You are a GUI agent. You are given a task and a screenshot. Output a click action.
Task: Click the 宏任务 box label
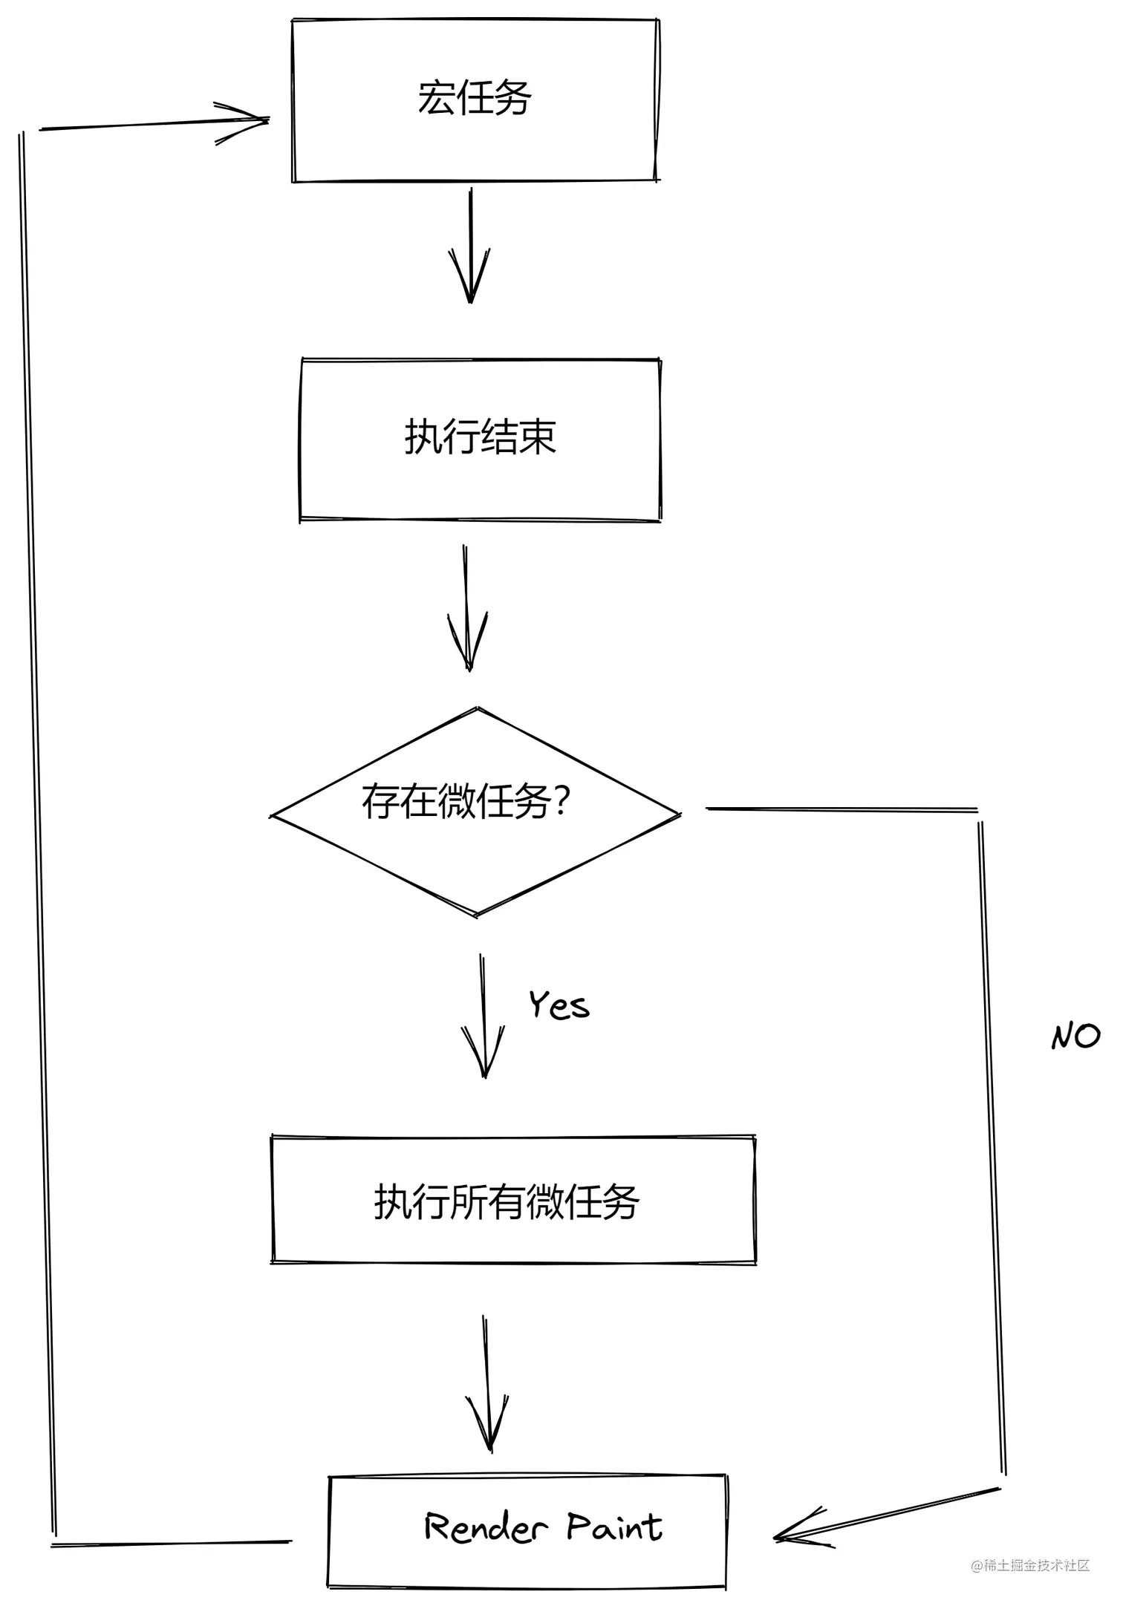[x=475, y=98]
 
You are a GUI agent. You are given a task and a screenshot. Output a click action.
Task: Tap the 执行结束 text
[x=480, y=437]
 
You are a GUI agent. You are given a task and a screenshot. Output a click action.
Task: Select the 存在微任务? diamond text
[x=466, y=802]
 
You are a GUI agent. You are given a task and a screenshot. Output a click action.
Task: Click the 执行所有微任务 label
[x=506, y=1201]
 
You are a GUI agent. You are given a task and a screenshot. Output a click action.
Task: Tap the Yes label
[x=559, y=1005]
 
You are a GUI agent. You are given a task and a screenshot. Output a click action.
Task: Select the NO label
[x=1075, y=1036]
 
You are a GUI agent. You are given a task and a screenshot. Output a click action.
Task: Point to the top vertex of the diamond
[x=478, y=708]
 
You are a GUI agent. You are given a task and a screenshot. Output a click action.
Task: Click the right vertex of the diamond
[x=679, y=815]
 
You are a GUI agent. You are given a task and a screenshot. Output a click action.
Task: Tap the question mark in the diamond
[x=561, y=802]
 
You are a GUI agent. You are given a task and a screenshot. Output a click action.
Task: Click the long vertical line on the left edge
[x=37, y=817]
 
